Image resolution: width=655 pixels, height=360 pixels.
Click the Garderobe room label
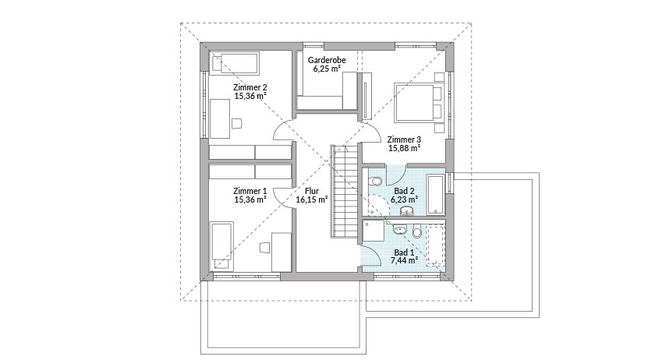(x=327, y=60)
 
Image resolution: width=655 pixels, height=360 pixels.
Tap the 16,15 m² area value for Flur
(x=312, y=199)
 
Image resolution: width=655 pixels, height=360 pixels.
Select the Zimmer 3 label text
(x=404, y=139)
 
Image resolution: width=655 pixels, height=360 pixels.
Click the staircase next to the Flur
(x=345, y=191)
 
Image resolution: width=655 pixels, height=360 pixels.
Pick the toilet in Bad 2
(x=376, y=182)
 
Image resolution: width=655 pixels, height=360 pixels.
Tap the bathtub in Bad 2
(x=436, y=195)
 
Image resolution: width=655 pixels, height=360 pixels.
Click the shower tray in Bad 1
(x=373, y=231)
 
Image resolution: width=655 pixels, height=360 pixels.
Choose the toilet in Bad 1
(x=417, y=231)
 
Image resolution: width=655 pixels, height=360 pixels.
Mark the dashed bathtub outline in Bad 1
(x=436, y=245)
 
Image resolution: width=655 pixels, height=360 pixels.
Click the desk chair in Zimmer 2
(x=236, y=123)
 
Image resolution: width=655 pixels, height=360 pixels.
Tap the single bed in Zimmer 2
(x=234, y=63)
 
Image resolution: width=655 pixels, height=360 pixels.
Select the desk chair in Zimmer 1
(x=265, y=247)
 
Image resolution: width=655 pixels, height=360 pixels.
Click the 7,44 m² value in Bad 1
(x=405, y=260)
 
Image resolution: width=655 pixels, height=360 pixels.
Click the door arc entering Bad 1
(x=370, y=256)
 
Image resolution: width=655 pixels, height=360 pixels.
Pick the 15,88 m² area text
(x=404, y=148)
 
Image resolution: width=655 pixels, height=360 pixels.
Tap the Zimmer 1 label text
(x=250, y=191)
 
